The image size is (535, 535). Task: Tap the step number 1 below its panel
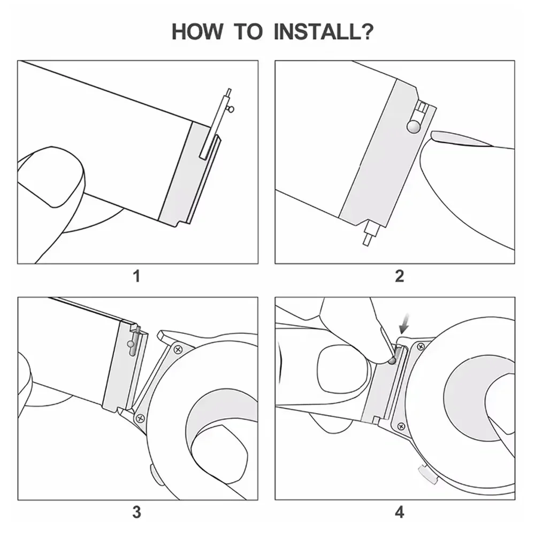point(137,277)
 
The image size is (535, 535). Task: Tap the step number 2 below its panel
point(399,277)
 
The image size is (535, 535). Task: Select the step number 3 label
point(137,513)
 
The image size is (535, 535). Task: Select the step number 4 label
point(400,513)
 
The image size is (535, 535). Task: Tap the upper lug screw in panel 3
point(177,350)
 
